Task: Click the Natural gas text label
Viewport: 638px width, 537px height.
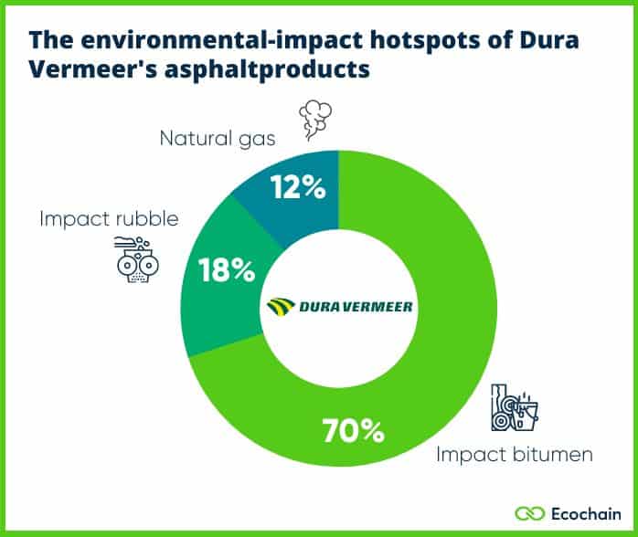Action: [x=218, y=139]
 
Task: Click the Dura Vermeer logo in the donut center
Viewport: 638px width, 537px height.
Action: [x=339, y=306]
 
